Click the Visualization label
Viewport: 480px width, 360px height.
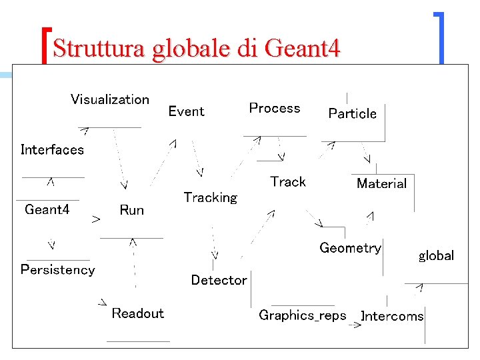tap(110, 99)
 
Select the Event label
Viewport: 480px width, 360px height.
tap(186, 111)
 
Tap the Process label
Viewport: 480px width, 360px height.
tap(274, 108)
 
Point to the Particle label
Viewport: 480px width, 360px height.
tap(352, 113)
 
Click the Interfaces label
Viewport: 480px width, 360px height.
tap(52, 149)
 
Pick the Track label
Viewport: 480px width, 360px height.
tap(288, 181)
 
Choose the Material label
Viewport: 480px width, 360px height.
tap(381, 183)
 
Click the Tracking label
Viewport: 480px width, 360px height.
tap(210, 197)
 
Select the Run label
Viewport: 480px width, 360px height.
tap(131, 210)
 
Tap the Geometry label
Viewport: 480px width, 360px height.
tap(350, 248)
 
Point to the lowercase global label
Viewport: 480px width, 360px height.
tap(436, 255)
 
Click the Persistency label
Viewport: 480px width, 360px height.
tap(57, 269)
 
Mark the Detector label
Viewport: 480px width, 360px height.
tap(219, 280)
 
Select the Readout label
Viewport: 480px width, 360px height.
tap(137, 313)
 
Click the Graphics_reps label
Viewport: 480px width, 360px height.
tap(302, 315)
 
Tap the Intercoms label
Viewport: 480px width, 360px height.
tap(393, 316)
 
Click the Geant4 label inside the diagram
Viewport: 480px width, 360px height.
tap(47, 209)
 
